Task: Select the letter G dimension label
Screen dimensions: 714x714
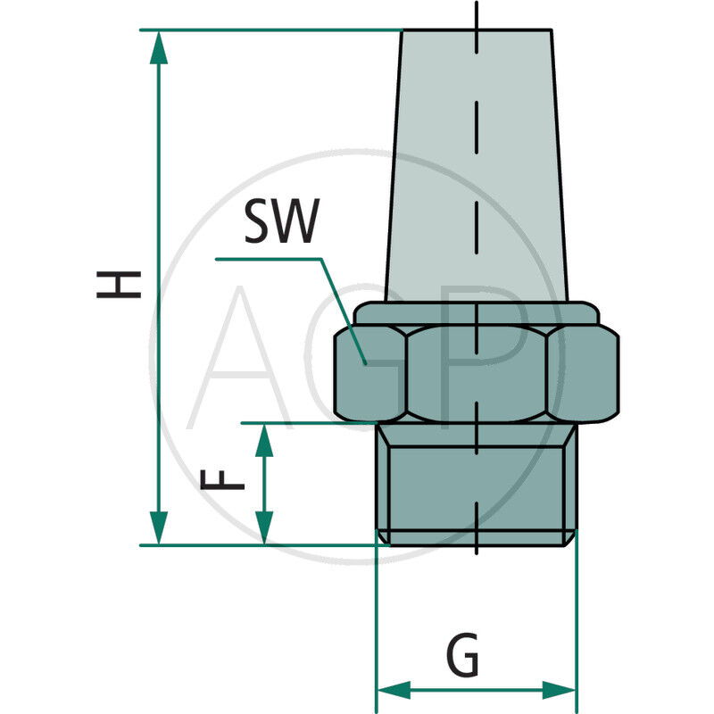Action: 461,658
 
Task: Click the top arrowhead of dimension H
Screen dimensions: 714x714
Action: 159,46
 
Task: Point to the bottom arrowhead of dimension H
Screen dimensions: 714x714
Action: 159,528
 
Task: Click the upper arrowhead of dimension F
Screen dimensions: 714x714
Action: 264,438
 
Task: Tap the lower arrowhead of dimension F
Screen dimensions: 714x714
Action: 264,528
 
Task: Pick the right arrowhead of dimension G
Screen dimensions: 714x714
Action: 560,690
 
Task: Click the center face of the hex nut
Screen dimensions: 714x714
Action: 477,373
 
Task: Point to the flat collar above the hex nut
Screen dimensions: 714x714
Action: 477,313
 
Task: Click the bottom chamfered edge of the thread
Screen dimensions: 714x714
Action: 477,538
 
